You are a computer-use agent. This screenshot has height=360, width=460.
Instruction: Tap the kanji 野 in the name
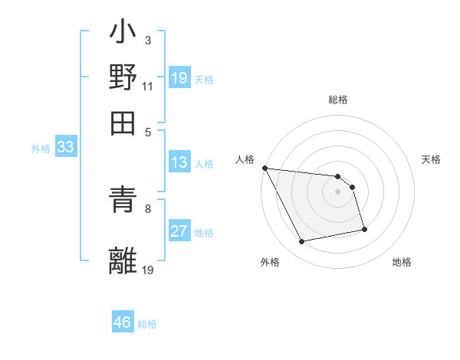click(x=123, y=79)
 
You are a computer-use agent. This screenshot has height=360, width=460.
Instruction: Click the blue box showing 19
click(x=179, y=78)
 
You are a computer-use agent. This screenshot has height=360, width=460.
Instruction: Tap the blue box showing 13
click(x=179, y=162)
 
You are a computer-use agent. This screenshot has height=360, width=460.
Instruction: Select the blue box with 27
click(x=179, y=231)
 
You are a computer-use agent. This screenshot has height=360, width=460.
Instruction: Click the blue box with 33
click(x=65, y=148)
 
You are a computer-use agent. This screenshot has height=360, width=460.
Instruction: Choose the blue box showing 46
click(x=123, y=322)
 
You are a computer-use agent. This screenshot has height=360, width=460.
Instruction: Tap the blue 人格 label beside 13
click(x=204, y=163)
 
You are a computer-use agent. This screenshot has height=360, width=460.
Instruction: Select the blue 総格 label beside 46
click(x=147, y=323)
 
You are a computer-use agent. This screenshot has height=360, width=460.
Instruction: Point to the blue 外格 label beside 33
click(x=41, y=149)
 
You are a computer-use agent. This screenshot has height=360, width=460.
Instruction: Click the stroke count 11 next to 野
click(x=147, y=87)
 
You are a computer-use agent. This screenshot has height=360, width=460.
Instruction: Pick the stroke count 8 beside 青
click(x=148, y=208)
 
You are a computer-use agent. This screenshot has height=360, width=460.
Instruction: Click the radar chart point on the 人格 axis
click(x=264, y=169)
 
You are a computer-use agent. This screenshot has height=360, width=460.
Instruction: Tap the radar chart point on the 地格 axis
click(x=364, y=229)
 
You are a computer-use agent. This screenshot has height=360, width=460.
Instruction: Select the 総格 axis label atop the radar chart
click(x=337, y=100)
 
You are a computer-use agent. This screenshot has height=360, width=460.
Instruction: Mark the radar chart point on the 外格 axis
click(x=302, y=242)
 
